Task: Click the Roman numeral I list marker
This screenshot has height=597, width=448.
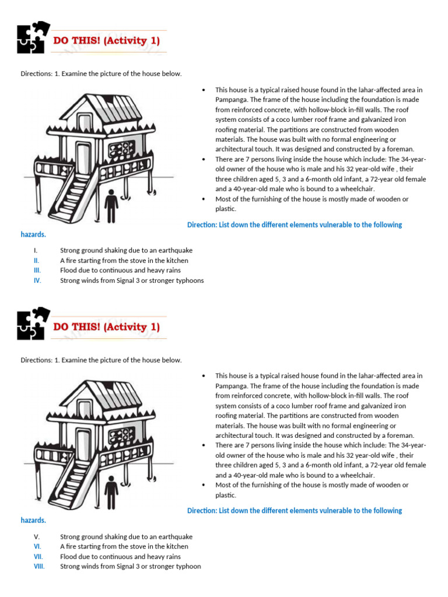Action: click(36, 251)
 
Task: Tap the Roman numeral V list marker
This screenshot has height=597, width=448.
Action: click(36, 536)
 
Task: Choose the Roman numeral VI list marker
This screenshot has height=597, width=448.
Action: click(37, 546)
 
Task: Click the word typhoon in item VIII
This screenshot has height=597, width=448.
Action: click(187, 566)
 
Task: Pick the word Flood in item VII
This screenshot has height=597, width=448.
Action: click(69, 556)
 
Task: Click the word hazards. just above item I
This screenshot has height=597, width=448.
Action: click(33, 234)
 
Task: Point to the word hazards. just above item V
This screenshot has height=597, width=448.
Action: click(33, 520)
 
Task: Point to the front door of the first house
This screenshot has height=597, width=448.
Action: click(83, 159)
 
